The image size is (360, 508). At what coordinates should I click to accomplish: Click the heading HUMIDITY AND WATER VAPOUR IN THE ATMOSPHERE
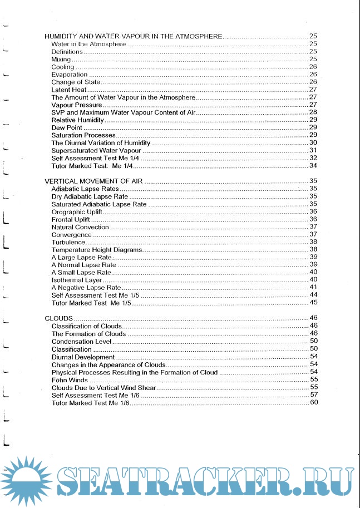click(133, 36)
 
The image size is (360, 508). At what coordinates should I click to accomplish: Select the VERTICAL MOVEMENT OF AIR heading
click(94, 181)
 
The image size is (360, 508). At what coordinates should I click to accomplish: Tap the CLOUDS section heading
click(58, 318)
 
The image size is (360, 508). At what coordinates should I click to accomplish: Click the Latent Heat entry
click(68, 90)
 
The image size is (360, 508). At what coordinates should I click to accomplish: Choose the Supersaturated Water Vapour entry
click(96, 150)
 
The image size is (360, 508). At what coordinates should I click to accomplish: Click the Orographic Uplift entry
click(75, 211)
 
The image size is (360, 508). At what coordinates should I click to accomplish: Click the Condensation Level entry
click(81, 341)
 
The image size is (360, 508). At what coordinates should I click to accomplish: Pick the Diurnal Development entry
click(83, 357)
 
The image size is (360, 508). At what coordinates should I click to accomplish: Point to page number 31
click(313, 150)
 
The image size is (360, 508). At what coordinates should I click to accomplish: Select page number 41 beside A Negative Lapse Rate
click(313, 287)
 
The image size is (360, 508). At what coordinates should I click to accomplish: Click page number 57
click(313, 394)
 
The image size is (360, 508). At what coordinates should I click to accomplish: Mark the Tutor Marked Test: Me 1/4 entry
click(91, 166)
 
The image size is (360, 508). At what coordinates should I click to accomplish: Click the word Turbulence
click(68, 242)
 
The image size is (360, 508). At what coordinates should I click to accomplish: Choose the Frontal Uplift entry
click(71, 219)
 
